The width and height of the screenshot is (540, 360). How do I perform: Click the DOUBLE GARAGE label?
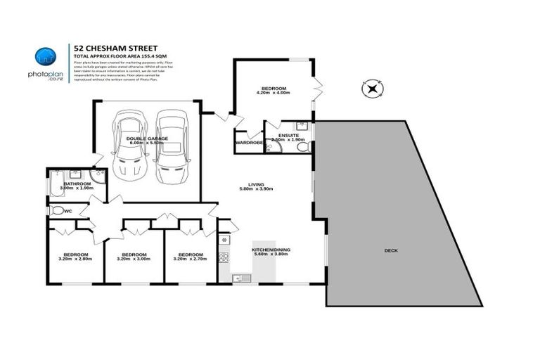click(146, 139)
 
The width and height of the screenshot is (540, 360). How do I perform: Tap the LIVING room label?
click(255, 184)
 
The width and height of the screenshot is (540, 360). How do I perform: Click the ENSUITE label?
click(288, 135)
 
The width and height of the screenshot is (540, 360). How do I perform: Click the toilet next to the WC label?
click(56, 210)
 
